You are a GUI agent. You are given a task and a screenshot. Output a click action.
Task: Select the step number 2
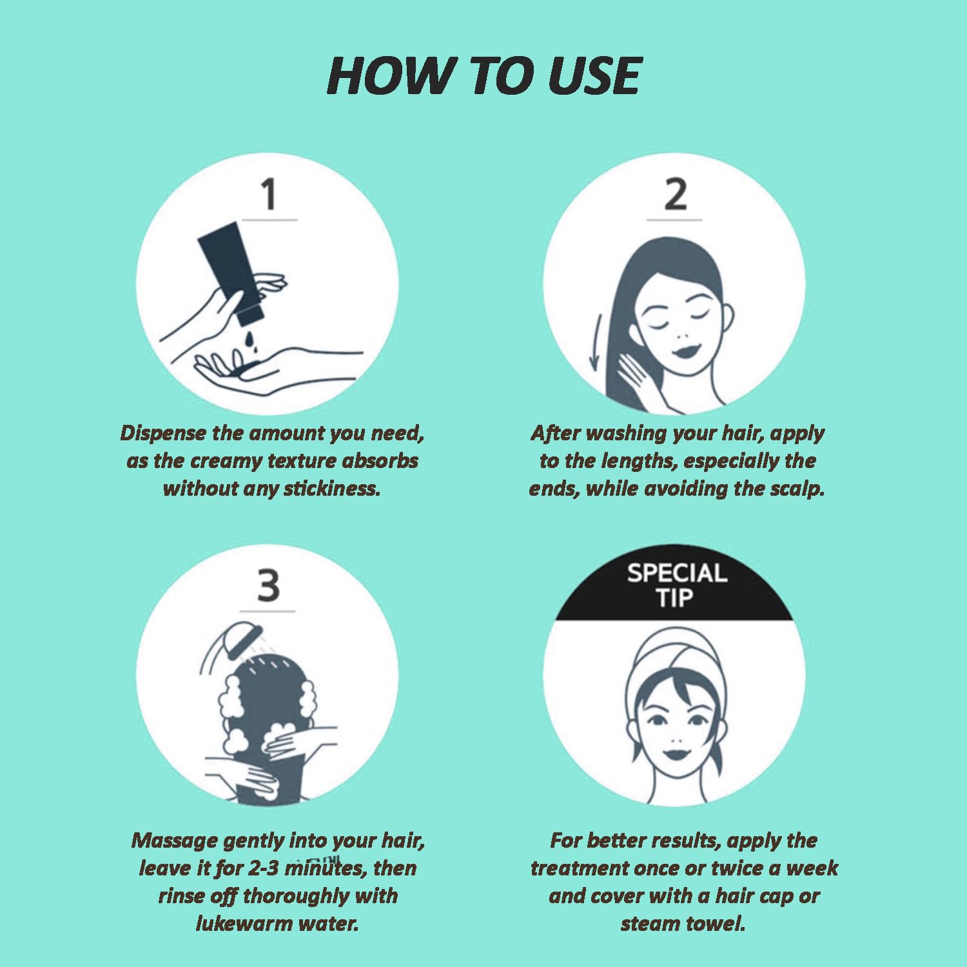(x=675, y=195)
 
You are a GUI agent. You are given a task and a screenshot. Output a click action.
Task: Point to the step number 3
(x=268, y=585)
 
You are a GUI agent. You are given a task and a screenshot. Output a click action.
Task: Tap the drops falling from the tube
(x=251, y=341)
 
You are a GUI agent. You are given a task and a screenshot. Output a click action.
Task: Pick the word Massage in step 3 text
(x=174, y=841)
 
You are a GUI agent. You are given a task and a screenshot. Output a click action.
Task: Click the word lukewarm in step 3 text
(x=236, y=924)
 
